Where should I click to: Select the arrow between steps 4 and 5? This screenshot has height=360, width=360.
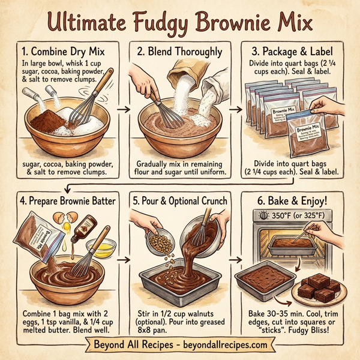coord(125,259)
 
